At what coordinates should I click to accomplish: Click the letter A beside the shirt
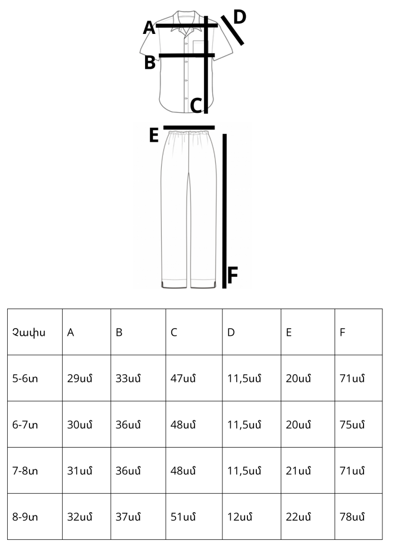tap(149, 28)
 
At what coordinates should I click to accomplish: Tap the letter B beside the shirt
tap(150, 62)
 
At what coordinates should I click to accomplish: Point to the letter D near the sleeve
tap(240, 17)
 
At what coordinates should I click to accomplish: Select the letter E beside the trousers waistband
tap(154, 135)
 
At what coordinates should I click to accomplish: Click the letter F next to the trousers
tap(232, 275)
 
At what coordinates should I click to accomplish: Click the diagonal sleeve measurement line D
tap(232, 31)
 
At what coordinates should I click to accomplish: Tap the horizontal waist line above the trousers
tap(189, 128)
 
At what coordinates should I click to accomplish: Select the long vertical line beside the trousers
tap(225, 211)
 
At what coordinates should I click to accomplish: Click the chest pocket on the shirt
tap(201, 49)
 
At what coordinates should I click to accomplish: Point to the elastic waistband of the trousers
tap(188, 133)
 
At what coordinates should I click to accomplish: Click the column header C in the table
tap(173, 332)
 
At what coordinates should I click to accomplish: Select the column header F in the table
tap(342, 332)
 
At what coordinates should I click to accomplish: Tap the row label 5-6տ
tap(25, 378)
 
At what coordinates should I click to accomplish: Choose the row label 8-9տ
tap(25, 517)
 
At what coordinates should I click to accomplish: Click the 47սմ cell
tap(183, 378)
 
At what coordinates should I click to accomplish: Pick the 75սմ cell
tap(352, 424)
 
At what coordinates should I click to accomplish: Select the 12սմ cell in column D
tap(240, 517)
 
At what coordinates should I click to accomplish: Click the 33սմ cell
tap(128, 378)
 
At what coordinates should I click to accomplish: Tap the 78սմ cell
tap(352, 517)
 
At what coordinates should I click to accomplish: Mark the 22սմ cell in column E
tap(299, 517)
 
